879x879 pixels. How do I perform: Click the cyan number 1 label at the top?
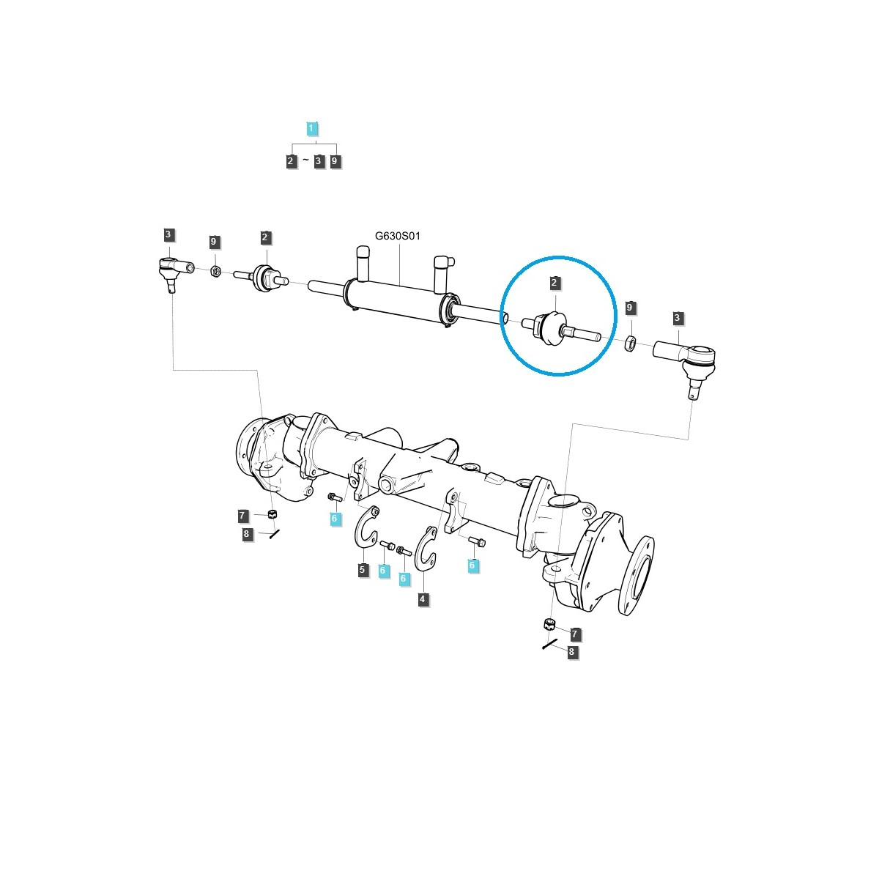(311, 129)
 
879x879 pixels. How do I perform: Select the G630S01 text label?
(398, 236)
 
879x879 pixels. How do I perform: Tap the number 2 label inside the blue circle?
(555, 283)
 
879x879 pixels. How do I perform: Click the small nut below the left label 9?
(215, 271)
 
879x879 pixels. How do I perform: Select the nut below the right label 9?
(630, 342)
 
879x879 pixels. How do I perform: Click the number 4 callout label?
(423, 599)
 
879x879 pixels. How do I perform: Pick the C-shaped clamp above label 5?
(366, 527)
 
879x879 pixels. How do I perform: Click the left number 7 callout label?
(242, 516)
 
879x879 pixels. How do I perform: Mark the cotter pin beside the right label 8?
(551, 645)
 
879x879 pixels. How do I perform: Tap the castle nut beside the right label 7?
(549, 625)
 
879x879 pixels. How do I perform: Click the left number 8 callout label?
(247, 534)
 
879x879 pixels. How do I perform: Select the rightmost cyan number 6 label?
(472, 565)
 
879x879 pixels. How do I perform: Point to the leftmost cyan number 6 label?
(335, 519)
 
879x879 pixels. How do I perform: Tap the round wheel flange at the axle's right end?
(635, 576)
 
